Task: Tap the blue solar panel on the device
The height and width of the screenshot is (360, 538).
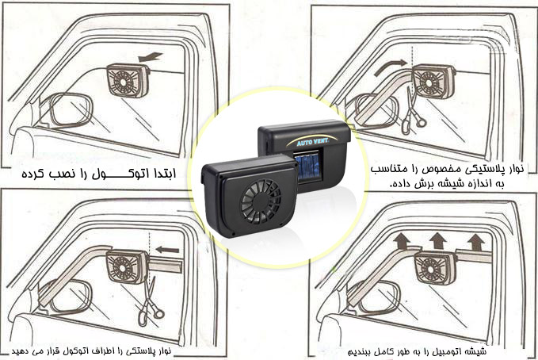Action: point(308,167)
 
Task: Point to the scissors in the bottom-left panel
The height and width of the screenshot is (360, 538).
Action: point(151,302)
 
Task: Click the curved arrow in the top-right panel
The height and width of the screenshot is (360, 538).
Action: point(391,67)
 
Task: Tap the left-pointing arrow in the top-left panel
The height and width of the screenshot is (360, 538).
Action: point(151,56)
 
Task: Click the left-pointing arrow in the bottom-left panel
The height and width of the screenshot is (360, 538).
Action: point(167,250)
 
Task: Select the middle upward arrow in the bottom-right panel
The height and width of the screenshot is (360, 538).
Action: point(438,240)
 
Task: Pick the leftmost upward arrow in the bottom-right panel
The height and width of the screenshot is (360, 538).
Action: point(401,241)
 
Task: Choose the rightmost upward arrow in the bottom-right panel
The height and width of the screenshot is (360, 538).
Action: point(475,242)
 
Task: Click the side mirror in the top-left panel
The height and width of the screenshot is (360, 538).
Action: point(71,110)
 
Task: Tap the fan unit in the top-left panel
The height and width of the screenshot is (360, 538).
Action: point(128,80)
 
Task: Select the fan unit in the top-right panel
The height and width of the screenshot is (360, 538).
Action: point(433,82)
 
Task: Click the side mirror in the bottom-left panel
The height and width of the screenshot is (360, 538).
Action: point(65,297)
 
